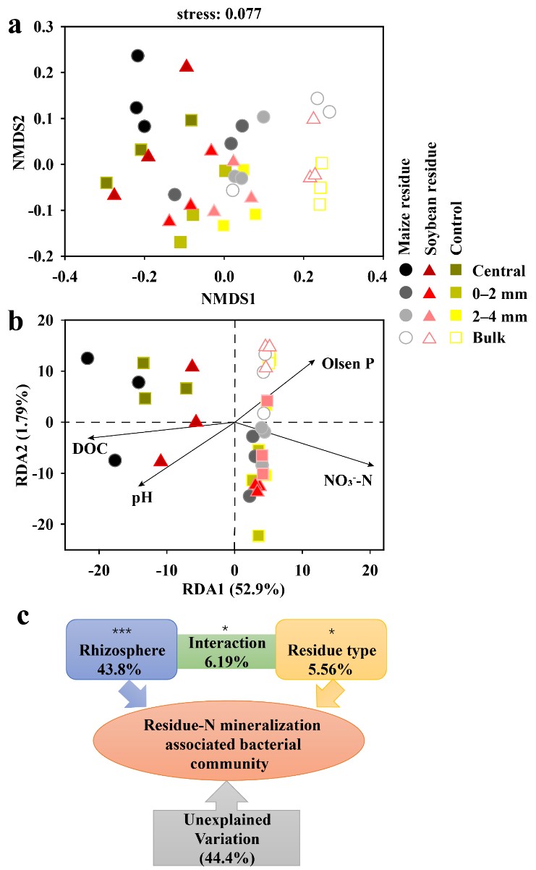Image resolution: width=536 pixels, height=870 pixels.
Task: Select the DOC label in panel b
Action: point(91,449)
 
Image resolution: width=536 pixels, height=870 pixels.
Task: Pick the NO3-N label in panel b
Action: point(347,480)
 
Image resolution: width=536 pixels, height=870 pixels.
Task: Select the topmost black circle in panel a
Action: point(137,56)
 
